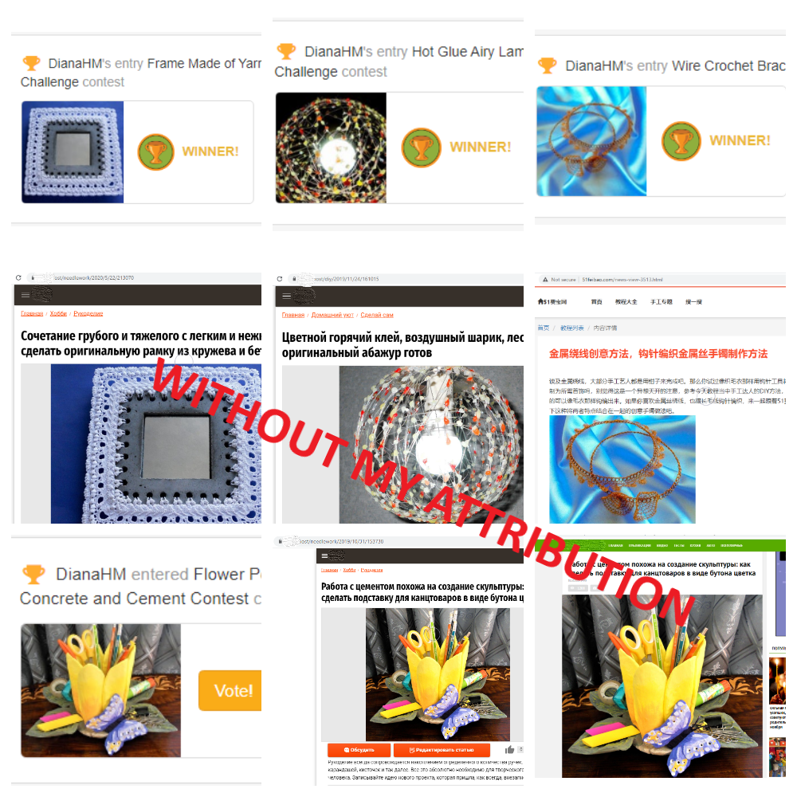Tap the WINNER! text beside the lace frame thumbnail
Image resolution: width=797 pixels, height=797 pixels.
210,151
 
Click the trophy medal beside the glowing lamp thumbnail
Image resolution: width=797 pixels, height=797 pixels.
421,147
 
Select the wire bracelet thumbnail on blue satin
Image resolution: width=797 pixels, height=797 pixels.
591,141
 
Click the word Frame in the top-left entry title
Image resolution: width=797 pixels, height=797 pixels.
166,64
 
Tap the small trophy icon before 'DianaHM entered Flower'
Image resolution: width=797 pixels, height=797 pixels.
33,574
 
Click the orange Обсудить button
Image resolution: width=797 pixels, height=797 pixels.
359,750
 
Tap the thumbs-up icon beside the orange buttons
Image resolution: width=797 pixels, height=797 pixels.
509,750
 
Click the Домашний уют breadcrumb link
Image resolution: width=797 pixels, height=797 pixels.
333,315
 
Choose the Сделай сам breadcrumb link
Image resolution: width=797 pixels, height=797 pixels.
376,315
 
